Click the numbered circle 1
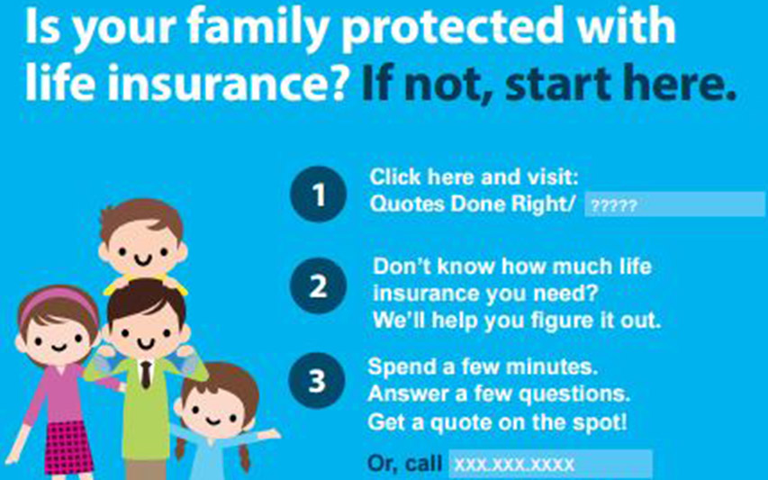pos(319,194)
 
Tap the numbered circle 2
pos(319,285)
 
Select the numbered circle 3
pos(317,380)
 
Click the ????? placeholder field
pos(675,204)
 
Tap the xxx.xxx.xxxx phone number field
pos(550,464)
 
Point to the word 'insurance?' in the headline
pos(228,82)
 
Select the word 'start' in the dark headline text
pos(558,83)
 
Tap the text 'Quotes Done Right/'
pos(473,204)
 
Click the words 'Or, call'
pos(404,463)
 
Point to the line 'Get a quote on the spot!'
pos(497,421)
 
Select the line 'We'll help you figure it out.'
pos(517,321)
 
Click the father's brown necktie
pos(146,375)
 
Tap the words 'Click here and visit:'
pos(474,177)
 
